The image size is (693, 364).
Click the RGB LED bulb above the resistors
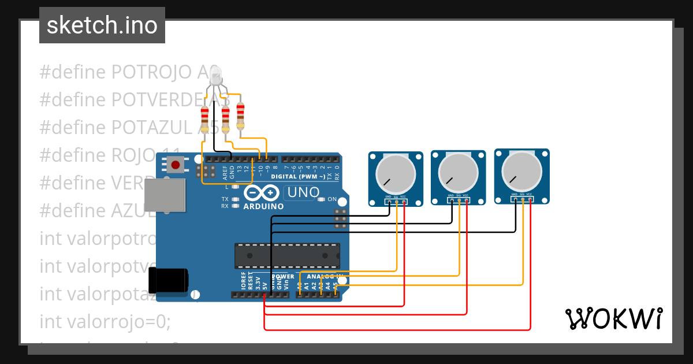pos(216,75)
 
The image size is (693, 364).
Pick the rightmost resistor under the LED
pos(240,116)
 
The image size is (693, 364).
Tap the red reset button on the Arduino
pos(176,165)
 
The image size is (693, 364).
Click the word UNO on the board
pos(303,192)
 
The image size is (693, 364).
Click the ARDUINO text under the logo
pos(263,206)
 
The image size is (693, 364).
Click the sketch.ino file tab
pos(102,25)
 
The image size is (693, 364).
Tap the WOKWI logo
pos(613,318)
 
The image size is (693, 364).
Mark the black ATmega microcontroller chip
pos(286,255)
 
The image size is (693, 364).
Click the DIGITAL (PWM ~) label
pos(297,176)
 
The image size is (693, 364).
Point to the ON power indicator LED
pos(322,199)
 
